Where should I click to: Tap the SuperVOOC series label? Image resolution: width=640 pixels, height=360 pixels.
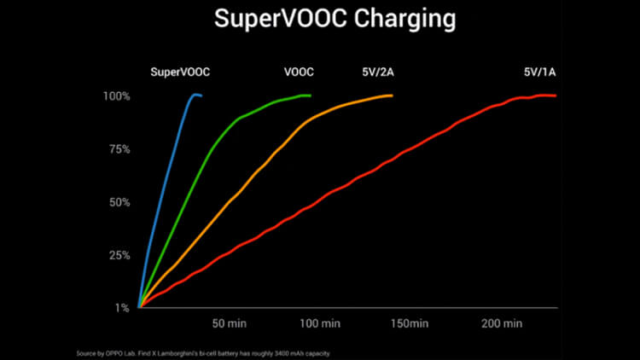point(180,73)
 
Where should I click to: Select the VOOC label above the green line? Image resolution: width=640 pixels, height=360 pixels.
point(298,73)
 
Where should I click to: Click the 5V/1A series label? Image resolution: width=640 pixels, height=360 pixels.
point(541,73)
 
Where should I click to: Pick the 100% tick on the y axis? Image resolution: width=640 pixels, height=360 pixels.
point(116,96)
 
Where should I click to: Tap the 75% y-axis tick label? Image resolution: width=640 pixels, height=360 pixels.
point(119,149)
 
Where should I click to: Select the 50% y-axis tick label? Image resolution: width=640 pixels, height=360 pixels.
point(119,202)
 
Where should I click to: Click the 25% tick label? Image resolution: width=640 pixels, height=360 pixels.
point(119,255)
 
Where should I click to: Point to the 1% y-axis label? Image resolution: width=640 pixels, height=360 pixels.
point(121,308)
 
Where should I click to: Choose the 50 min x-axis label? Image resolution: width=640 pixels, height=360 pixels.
point(230,324)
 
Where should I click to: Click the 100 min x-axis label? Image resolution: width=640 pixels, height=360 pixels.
point(320,324)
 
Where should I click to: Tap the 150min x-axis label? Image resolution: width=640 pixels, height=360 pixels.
point(408,324)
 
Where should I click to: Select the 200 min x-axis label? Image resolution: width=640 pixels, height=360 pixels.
point(501,324)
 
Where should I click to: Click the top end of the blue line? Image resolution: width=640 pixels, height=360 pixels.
point(201,96)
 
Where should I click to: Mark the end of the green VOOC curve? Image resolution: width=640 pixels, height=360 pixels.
point(311,96)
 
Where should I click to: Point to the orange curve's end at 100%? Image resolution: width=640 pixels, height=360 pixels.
point(392,96)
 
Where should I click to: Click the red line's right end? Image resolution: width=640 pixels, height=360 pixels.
point(556,96)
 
